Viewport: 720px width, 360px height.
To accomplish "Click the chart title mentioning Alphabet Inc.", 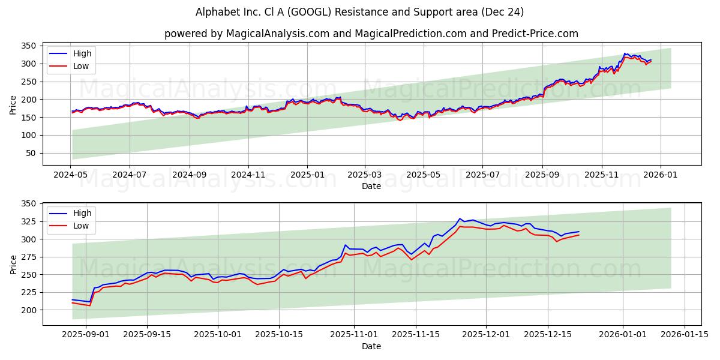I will pos(359,12).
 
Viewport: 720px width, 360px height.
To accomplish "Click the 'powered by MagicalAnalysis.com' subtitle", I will pos(371,34).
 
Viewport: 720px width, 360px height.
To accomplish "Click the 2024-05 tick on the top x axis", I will pos(71,174).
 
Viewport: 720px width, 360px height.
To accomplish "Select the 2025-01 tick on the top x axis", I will pos(307,174).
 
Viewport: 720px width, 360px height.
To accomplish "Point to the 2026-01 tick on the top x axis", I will pos(661,174).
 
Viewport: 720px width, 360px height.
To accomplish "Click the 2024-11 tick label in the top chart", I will pos(248,174).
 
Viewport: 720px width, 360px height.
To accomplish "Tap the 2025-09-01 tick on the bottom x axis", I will pos(86,334).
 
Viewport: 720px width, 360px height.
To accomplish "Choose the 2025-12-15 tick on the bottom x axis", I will pos(547,334).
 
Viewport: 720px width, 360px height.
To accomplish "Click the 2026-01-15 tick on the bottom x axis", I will pos(684,334).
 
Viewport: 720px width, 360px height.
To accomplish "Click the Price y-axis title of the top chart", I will pos(13,105).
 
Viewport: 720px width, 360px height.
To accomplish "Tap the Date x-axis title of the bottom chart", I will pos(371,346).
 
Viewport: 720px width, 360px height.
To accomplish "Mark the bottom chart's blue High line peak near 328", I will pos(460,219).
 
